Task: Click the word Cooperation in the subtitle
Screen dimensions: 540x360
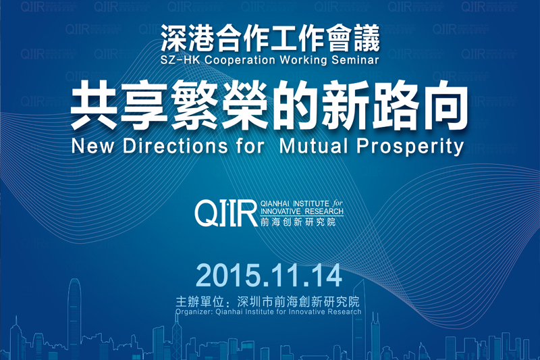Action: [240, 60]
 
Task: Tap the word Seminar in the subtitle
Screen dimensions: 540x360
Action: [355, 59]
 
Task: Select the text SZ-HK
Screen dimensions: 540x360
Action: [180, 60]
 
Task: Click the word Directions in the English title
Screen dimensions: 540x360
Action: [175, 146]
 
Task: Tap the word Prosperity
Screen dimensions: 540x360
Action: [410, 147]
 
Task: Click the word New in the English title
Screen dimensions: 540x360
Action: [93, 146]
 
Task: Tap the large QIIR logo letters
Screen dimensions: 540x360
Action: [226, 213]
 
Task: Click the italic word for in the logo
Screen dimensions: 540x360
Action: [338, 203]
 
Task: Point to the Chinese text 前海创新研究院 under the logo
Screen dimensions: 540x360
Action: [298, 222]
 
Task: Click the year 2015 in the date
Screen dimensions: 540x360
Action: [227, 276]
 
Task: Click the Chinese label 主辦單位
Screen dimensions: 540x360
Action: [200, 302]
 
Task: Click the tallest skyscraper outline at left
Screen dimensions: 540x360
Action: [74, 317]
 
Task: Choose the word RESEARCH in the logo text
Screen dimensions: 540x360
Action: [324, 211]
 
